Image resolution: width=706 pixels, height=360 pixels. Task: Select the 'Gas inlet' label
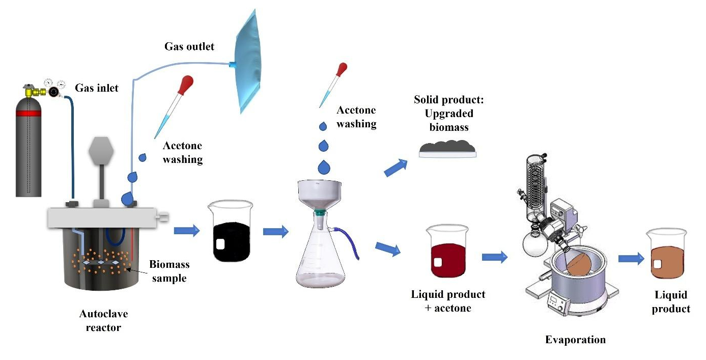pos(97,88)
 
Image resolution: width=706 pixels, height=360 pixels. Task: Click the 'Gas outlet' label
pos(189,47)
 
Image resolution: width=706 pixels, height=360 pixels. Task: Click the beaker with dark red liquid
pos(448,252)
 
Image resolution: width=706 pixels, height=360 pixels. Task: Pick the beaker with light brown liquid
pos(666,255)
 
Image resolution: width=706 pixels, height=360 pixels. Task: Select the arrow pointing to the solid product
pos(396,168)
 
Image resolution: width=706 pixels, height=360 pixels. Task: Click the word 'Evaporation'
pos(575,340)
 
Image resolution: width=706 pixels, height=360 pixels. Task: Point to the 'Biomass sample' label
pos(169,271)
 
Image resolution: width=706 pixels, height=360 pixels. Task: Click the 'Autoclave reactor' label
pos(100,320)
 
